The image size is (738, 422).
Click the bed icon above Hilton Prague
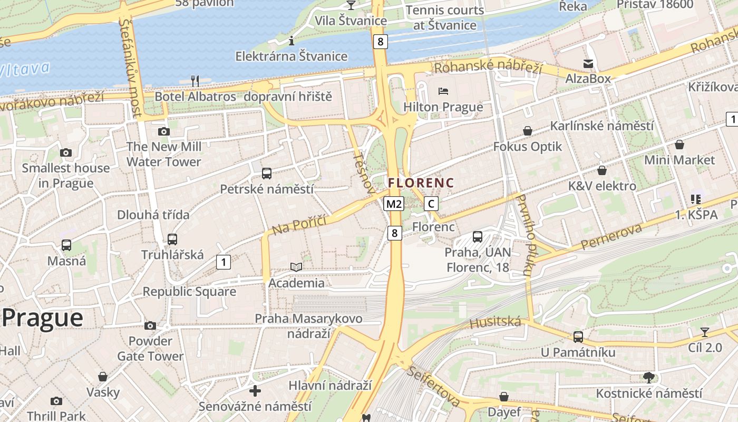click(443, 91)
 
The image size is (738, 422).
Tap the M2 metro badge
click(394, 204)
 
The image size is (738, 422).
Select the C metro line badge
click(431, 204)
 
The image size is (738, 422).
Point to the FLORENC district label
click(421, 183)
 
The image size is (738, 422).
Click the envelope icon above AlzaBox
click(588, 64)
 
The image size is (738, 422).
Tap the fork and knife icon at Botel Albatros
click(195, 81)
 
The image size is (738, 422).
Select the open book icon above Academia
click(296, 267)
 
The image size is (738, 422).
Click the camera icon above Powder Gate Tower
click(150, 325)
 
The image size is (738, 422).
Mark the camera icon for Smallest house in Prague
click(66, 153)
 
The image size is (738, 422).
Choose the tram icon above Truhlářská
click(172, 239)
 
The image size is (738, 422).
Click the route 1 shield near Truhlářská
click(224, 262)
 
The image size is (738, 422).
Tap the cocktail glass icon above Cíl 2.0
click(705, 332)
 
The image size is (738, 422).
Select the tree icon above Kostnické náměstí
click(648, 377)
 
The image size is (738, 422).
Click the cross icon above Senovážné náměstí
click(255, 391)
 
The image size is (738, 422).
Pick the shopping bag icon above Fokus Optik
click(527, 131)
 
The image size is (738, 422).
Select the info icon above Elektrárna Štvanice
click(291, 41)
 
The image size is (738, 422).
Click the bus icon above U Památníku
click(578, 337)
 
